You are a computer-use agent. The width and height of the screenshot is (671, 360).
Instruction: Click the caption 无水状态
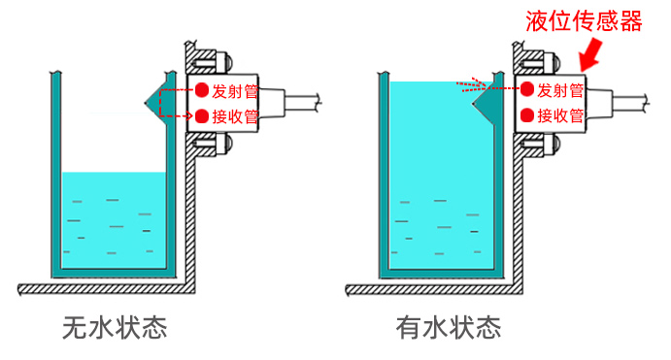pyautogui.click(x=114, y=327)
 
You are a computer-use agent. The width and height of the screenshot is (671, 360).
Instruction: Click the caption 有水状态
pyautogui.click(x=448, y=327)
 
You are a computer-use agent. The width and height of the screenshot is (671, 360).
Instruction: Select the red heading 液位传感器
pyautogui.click(x=583, y=20)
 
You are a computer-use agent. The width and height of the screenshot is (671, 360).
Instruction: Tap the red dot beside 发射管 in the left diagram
pyautogui.click(x=202, y=90)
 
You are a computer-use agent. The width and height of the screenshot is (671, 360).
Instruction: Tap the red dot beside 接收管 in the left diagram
pyautogui.click(x=202, y=116)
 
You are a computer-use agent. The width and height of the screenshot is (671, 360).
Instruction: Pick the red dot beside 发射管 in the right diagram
pyautogui.click(x=527, y=90)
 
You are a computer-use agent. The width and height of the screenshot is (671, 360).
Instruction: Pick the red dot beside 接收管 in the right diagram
pyautogui.click(x=527, y=116)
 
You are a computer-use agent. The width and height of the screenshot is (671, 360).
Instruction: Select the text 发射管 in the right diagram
pyautogui.click(x=560, y=90)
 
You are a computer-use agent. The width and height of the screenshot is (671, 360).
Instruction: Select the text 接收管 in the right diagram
pyautogui.click(x=560, y=116)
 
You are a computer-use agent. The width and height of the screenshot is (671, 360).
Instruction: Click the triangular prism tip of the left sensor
pyautogui.click(x=151, y=101)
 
